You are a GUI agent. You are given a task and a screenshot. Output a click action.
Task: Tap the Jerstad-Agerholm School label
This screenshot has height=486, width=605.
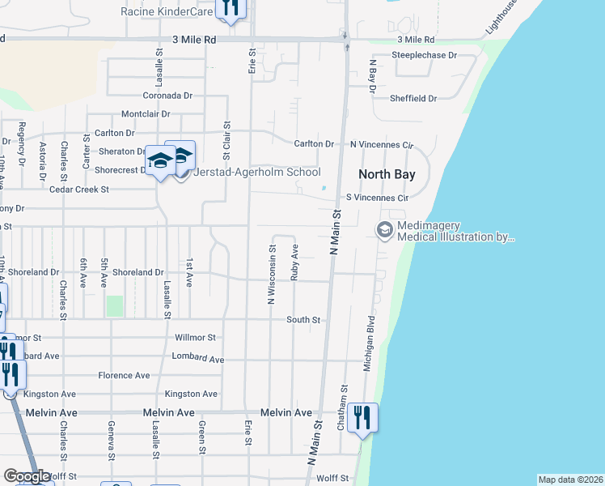tap(257, 172)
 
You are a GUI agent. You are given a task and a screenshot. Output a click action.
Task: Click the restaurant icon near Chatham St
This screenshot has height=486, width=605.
tap(363, 417)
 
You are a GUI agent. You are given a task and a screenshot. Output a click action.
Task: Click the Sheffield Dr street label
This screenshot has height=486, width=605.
tap(412, 98)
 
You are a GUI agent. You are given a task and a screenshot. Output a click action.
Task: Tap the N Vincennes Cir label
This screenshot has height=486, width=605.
tap(381, 144)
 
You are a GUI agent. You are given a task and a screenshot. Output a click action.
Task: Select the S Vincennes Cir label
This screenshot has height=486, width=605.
tap(377, 197)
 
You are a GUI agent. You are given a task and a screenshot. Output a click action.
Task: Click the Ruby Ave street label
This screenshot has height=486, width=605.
tap(295, 263)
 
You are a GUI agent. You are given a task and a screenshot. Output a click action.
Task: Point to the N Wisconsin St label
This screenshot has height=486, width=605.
tap(272, 275)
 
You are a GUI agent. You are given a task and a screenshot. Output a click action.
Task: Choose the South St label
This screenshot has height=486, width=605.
tap(303, 320)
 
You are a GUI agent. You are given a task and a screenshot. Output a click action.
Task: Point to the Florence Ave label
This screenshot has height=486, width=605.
tap(124, 375)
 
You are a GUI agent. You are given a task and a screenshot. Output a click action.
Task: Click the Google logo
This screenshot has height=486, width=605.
tap(27, 476)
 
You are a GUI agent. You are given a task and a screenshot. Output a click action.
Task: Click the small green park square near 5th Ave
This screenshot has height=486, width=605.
tap(114, 306)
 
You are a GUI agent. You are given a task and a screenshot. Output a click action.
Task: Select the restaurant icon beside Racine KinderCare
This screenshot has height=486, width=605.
tap(231, 8)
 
